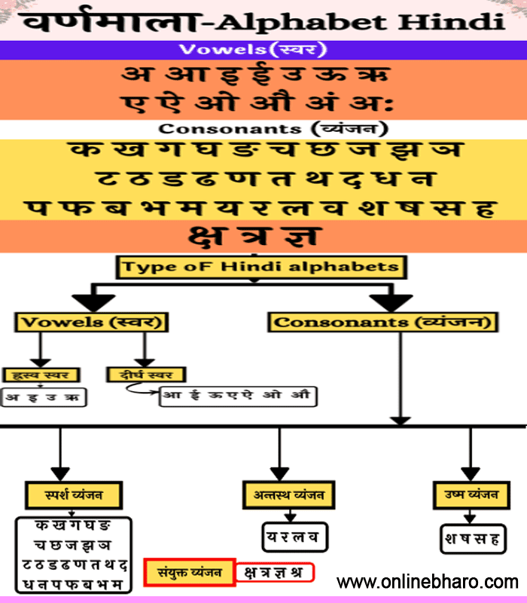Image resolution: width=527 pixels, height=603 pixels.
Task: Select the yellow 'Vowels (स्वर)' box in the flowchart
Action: tap(91, 323)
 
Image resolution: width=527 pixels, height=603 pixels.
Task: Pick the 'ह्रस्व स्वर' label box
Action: tap(41, 374)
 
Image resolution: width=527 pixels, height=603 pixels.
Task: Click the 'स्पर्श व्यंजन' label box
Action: tap(75, 495)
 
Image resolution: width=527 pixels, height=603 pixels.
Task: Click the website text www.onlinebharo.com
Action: tap(428, 583)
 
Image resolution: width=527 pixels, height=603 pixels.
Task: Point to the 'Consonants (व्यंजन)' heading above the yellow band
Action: tap(263, 129)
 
